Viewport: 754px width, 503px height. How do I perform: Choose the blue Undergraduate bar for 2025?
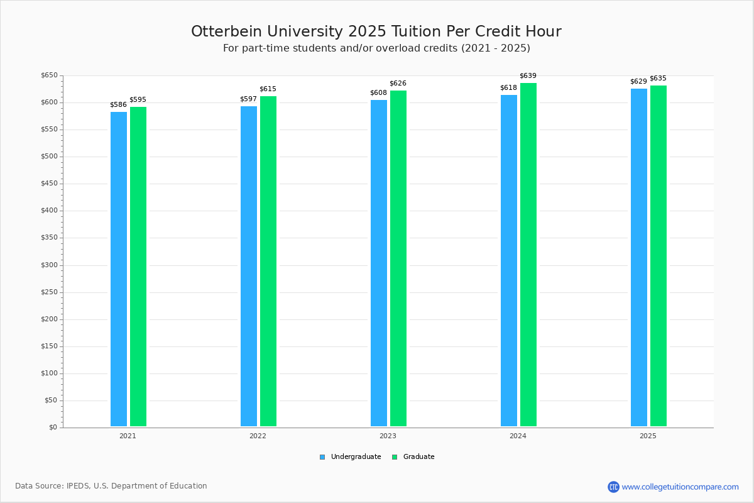pos(639,257)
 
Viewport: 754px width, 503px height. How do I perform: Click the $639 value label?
pos(528,76)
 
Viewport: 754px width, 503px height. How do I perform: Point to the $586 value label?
pos(118,105)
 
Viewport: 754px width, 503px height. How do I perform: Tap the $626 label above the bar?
pos(398,84)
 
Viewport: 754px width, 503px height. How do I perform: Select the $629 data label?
pos(638,82)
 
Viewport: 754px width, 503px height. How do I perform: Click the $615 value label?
pos(268,89)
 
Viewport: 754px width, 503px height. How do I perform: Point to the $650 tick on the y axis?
pos(49,75)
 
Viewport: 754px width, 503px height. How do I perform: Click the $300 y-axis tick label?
pos(49,265)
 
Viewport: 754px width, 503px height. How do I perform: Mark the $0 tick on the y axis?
pos(53,428)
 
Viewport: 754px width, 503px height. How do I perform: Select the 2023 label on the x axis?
pos(388,436)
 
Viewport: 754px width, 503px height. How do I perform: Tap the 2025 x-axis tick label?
pos(648,436)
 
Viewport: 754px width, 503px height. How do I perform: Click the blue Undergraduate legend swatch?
pos(322,457)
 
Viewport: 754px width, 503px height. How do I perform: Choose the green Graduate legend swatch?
pos(395,457)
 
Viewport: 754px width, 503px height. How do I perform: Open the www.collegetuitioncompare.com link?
pos(680,487)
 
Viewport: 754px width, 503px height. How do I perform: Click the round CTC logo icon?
pos(613,487)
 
